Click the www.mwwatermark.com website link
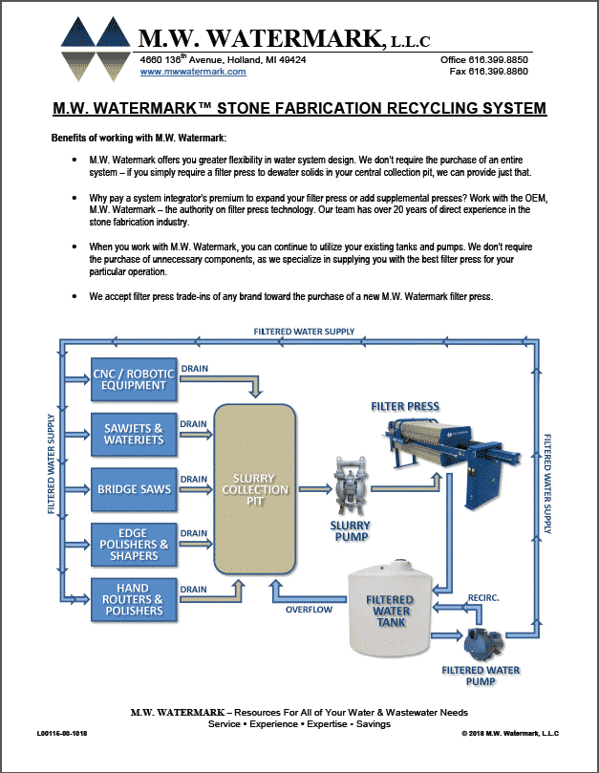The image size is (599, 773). tap(186, 72)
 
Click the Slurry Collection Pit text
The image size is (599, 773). tap(254, 489)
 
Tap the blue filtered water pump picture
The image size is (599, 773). tap(482, 639)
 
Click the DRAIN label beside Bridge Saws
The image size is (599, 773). tap(194, 479)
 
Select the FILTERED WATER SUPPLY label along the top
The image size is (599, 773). tap(304, 332)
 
